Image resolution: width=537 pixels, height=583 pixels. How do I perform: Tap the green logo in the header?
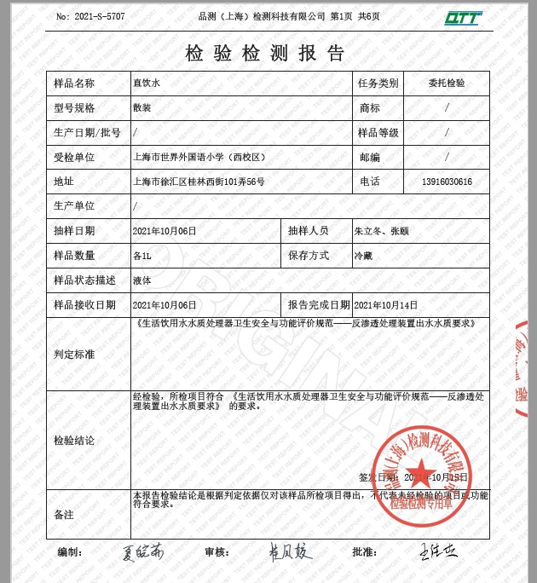point(462,18)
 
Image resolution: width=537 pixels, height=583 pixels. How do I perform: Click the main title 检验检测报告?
point(266,53)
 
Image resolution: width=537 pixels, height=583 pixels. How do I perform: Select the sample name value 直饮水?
point(146,84)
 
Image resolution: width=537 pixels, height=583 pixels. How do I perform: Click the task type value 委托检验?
point(447,84)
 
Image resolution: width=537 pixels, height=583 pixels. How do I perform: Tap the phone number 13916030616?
point(447,182)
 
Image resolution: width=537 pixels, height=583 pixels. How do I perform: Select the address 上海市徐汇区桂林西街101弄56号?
point(199,182)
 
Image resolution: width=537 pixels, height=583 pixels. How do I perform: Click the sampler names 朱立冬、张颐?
point(381,231)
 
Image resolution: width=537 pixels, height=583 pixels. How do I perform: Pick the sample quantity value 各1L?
point(142,256)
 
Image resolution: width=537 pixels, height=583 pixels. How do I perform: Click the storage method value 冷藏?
point(363,256)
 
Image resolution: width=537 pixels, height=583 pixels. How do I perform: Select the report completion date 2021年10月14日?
point(386,304)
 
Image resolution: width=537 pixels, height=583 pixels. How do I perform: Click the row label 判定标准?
point(74,354)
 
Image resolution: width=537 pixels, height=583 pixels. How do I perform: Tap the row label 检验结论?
point(74,441)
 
